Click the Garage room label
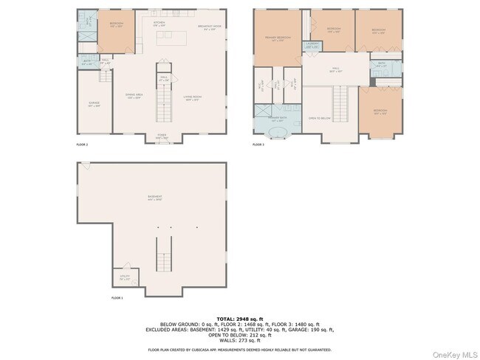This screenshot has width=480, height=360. click(94, 105)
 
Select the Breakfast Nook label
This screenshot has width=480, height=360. click(208, 28)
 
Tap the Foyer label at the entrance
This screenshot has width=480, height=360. click(162, 136)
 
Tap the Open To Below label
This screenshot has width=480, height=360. click(319, 118)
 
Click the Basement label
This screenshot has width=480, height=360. click(154, 197)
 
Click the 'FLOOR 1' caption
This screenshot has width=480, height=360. click(117, 298)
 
